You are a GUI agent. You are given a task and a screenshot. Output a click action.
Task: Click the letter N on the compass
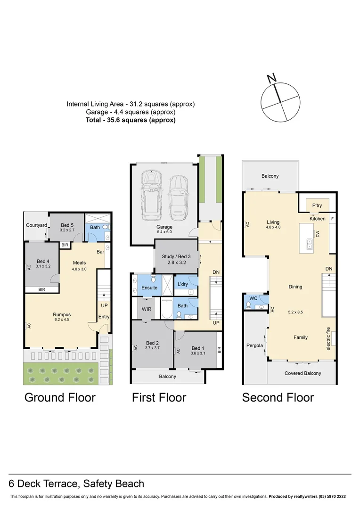271,78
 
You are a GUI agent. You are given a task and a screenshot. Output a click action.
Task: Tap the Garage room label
164,227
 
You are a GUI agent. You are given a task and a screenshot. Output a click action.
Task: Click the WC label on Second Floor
254,299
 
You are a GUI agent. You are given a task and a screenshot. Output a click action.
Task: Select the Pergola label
255,345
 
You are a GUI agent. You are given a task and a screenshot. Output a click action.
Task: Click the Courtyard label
36,225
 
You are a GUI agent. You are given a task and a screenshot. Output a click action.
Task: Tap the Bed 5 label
66,224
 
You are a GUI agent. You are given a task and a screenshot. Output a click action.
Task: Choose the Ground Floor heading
60,397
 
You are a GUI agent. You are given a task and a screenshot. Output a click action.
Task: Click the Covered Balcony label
303,373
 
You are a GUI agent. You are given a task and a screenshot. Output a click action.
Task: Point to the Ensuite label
149,287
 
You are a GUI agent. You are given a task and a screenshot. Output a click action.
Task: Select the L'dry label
182,284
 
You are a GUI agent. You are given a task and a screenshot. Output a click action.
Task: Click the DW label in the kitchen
318,233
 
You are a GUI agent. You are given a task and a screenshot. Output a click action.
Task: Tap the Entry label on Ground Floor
104,317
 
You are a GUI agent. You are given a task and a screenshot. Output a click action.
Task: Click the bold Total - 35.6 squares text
131,120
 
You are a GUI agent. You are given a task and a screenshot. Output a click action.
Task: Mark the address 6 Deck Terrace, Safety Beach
77,484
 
